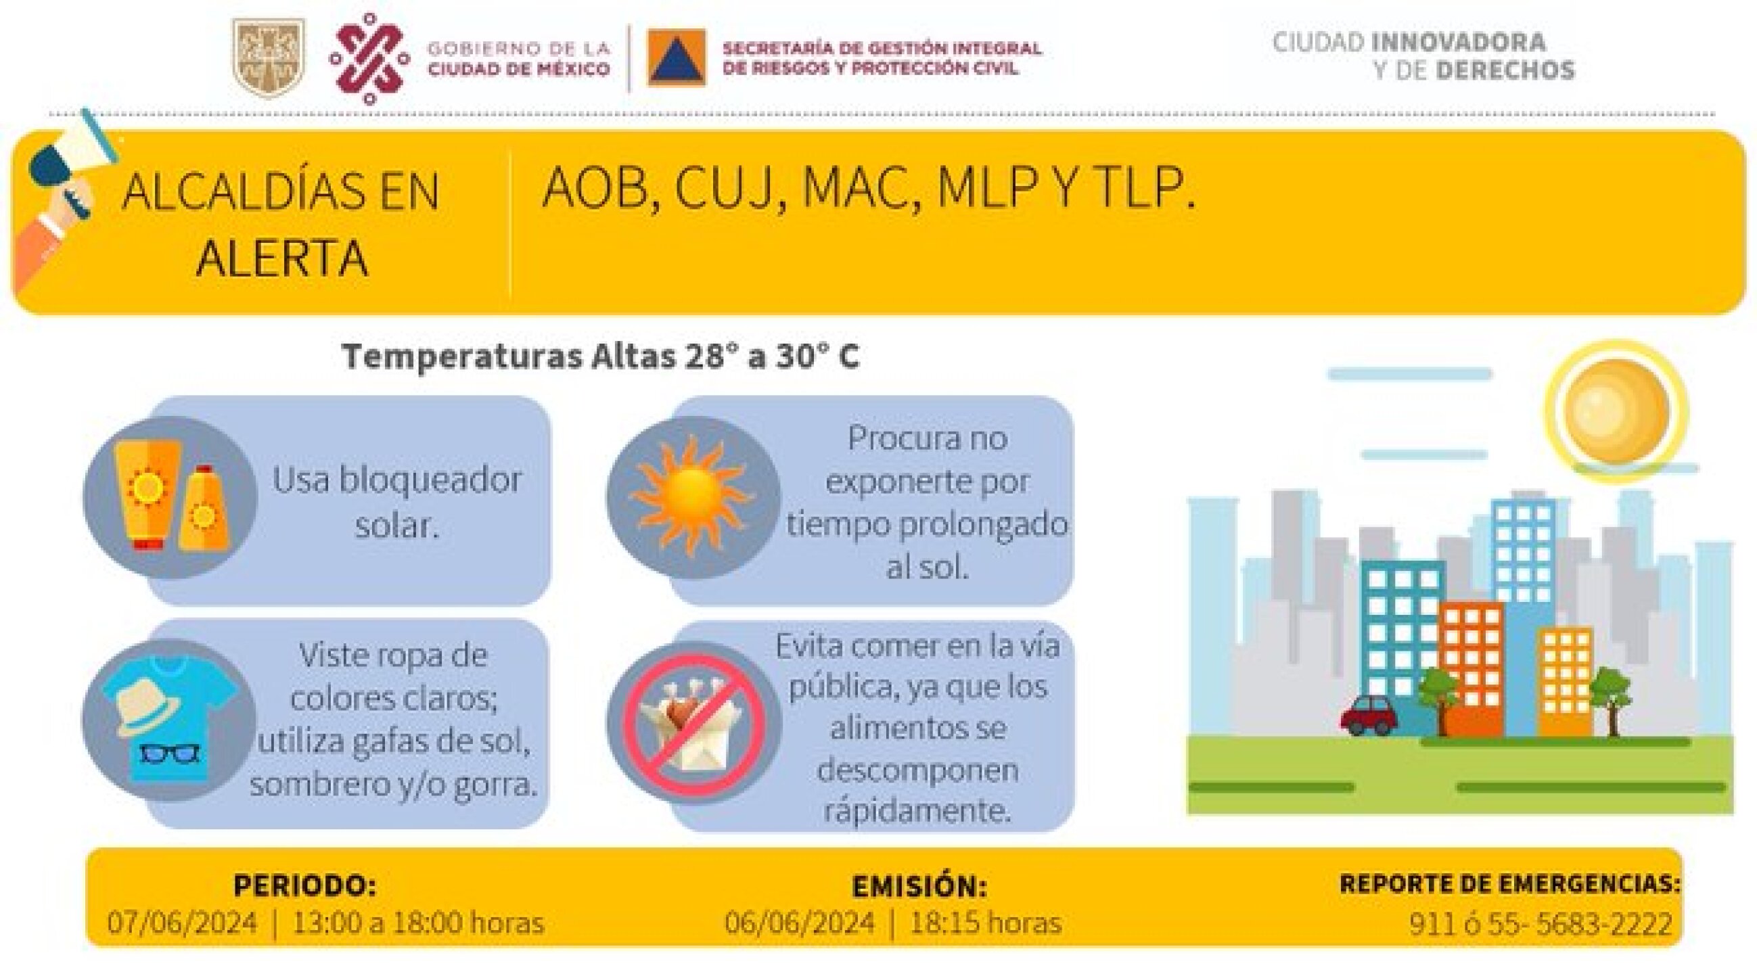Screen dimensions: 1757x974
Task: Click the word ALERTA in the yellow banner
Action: pos(282,258)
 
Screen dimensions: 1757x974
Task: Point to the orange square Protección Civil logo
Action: pos(677,58)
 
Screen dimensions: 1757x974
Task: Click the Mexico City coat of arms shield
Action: pos(269,57)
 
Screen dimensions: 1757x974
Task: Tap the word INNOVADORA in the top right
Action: pos(1457,43)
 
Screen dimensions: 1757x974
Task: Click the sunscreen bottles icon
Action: pos(172,497)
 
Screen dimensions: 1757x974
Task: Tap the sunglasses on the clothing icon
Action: pos(169,753)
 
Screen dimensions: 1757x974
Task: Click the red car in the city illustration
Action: pos(1368,714)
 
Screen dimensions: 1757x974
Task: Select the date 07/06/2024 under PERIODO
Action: pos(183,923)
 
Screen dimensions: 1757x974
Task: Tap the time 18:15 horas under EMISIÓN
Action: pos(986,923)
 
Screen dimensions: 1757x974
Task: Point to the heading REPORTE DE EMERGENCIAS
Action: pos(1510,884)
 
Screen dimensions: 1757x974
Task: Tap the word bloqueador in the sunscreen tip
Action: pos(430,480)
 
